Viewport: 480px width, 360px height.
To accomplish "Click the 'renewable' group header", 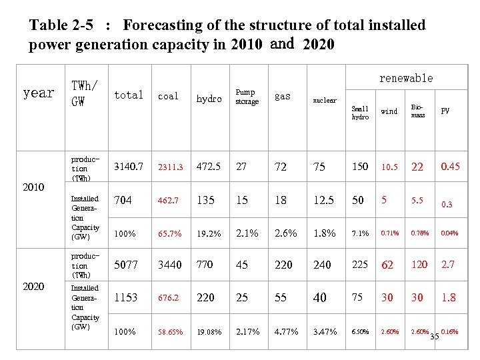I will tap(406, 78).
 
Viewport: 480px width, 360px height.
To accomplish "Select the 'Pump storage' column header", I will tap(247, 97).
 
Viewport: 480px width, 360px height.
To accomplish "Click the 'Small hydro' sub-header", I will tap(360, 113).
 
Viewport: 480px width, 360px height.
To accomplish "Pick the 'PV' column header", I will tap(445, 111).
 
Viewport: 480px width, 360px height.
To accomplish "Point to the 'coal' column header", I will tap(168, 97).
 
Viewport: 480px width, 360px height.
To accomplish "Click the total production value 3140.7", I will tap(129, 166).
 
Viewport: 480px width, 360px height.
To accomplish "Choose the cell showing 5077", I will tap(127, 265).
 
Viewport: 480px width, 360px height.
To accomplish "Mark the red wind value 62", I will tap(387, 265).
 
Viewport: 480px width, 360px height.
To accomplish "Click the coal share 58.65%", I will tap(171, 331).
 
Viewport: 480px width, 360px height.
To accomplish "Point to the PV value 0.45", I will tap(450, 166).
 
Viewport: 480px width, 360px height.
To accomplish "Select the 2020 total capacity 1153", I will tap(127, 297).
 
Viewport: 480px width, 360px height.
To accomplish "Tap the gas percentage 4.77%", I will tap(286, 331).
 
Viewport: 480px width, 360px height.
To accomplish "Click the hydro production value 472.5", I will tap(209, 166).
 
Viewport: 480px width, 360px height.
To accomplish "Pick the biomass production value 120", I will tap(419, 265).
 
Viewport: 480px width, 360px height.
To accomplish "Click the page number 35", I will tap(435, 336).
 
